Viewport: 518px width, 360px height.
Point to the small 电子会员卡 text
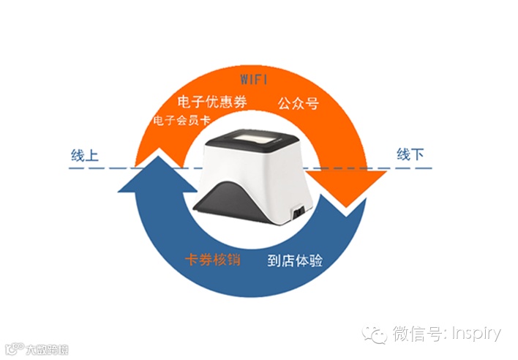click(181, 120)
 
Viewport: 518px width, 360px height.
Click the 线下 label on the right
click(411, 155)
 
